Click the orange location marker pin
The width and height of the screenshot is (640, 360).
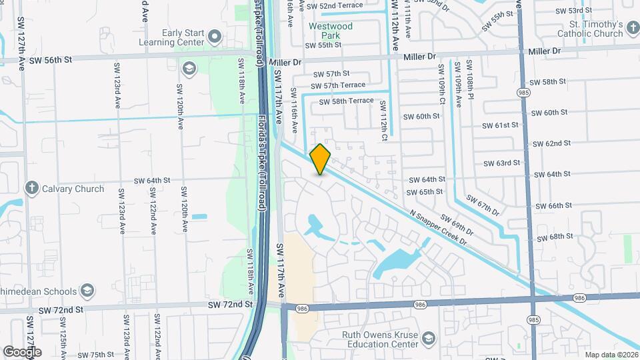[321, 159]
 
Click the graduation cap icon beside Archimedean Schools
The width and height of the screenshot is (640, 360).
[87, 290]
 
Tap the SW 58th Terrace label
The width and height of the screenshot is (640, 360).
[346, 101]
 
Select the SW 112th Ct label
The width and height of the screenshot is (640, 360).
[384, 115]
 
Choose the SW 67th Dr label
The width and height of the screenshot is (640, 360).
[483, 205]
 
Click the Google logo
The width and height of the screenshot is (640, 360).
[22, 351]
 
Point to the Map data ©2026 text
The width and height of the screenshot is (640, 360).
[611, 355]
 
